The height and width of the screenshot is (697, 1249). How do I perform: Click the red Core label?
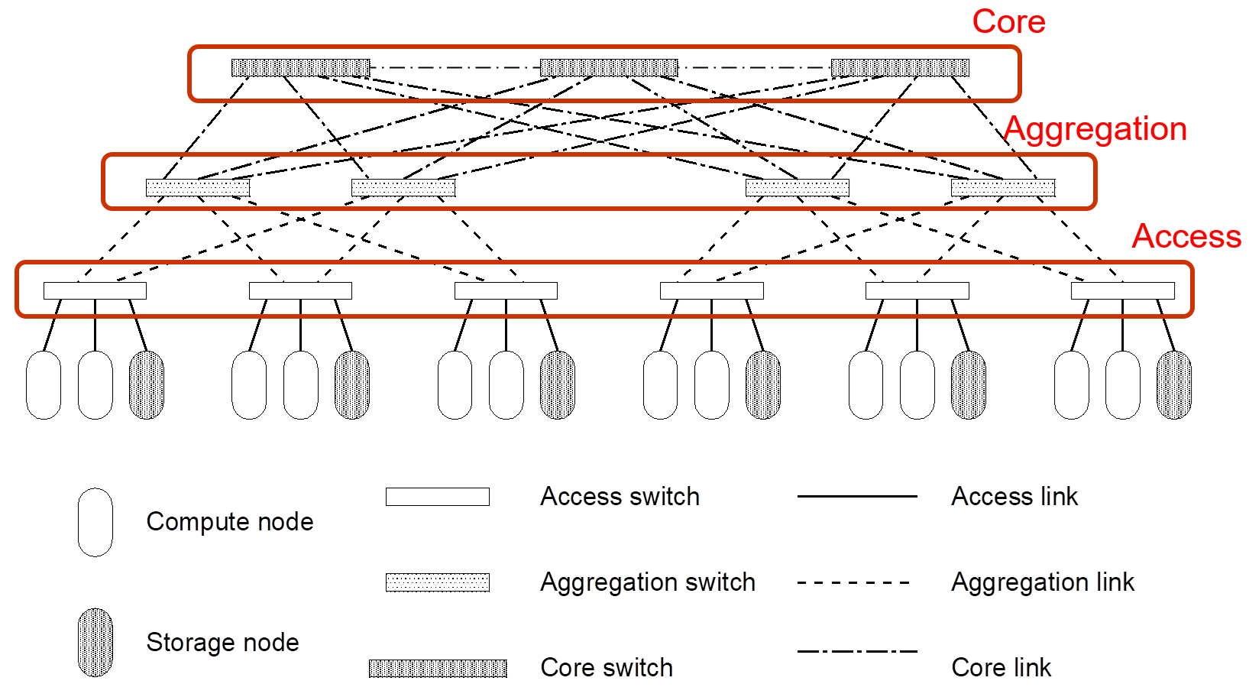(1008, 21)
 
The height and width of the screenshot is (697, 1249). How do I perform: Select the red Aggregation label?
(1095, 128)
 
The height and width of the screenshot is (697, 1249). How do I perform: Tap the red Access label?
(1186, 236)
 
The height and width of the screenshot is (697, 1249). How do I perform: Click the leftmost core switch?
(300, 68)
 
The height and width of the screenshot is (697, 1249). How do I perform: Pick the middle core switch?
(609, 68)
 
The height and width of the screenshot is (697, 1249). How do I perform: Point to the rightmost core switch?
(900, 68)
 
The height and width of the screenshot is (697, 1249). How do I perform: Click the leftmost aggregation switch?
(198, 187)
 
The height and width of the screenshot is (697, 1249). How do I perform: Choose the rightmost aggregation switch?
(1003, 187)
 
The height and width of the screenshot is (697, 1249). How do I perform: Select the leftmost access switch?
(95, 290)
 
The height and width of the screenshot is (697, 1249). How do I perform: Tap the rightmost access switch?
(1122, 290)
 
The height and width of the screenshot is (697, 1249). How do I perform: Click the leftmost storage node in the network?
(147, 385)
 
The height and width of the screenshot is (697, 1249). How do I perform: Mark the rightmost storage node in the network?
(1174, 385)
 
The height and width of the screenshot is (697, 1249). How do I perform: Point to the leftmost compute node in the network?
(44, 385)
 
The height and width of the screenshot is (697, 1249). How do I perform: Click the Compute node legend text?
(230, 521)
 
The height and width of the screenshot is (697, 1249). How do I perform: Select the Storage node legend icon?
(95, 642)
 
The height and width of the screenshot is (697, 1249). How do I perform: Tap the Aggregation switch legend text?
(647, 582)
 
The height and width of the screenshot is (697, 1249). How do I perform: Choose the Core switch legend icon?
(438, 668)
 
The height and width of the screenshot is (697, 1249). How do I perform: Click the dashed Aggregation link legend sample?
(854, 582)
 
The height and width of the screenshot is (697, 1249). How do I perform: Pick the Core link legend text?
(1001, 667)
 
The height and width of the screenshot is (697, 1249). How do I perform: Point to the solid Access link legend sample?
(857, 497)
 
